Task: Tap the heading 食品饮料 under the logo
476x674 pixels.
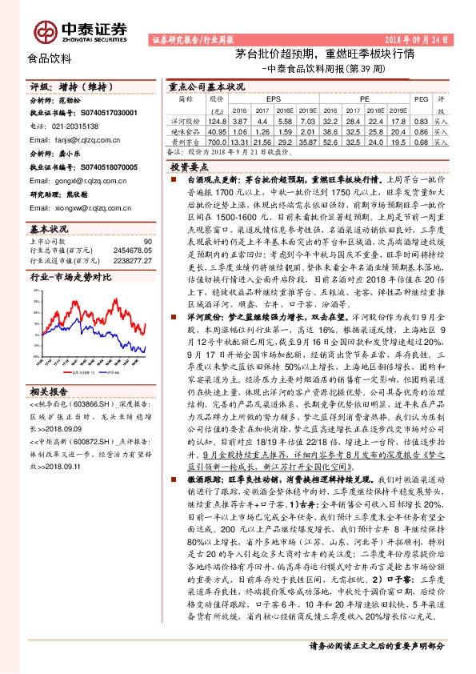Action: (x=50, y=58)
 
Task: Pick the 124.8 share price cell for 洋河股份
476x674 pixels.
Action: (x=217, y=119)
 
